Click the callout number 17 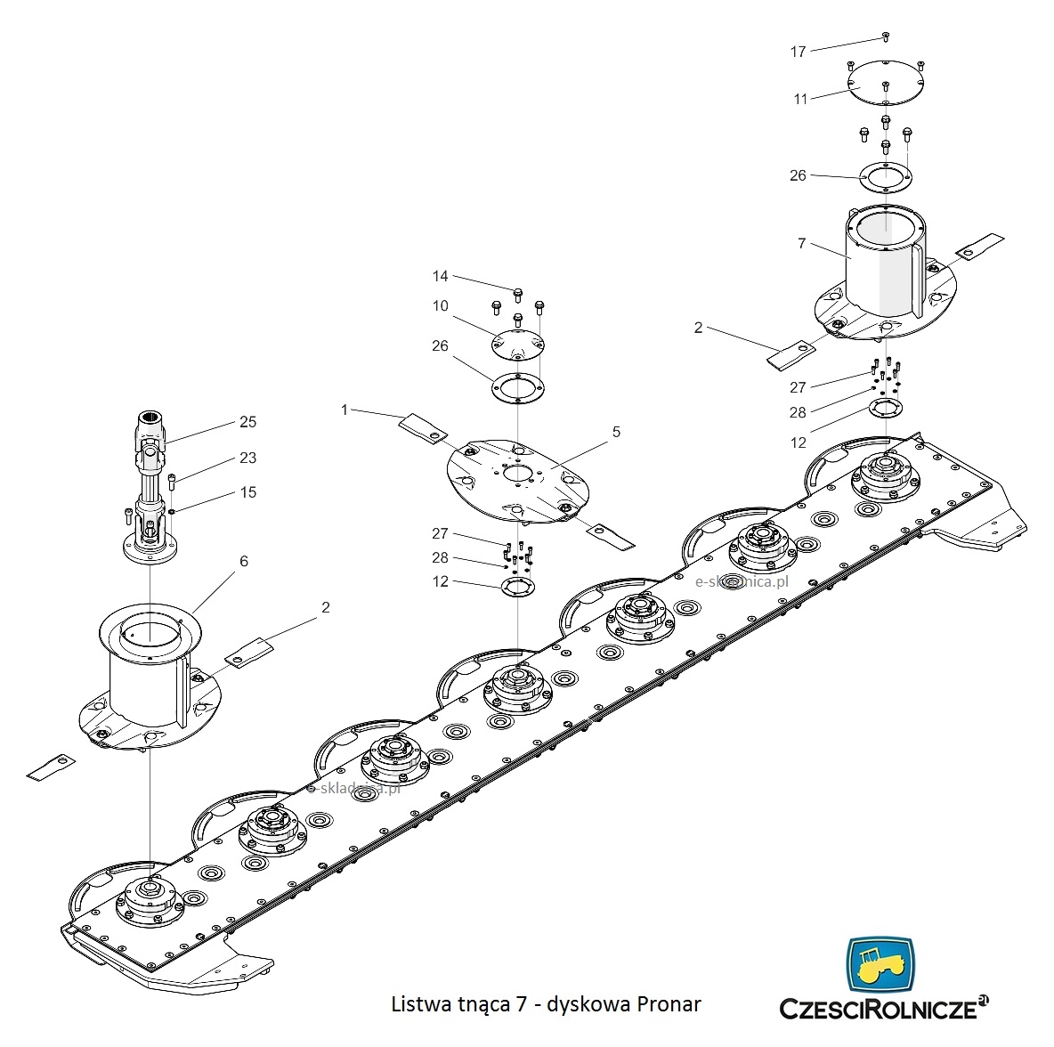click(x=798, y=52)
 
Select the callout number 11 click(x=800, y=99)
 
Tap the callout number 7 click(x=801, y=243)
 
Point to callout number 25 click(x=247, y=421)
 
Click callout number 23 click(x=247, y=458)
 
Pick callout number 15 click(x=247, y=492)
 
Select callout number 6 click(x=244, y=562)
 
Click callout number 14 click(x=441, y=276)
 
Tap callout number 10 click(x=441, y=306)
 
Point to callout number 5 click(x=616, y=432)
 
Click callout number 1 click(x=345, y=410)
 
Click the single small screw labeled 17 click(x=885, y=37)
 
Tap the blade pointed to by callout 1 click(x=422, y=427)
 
